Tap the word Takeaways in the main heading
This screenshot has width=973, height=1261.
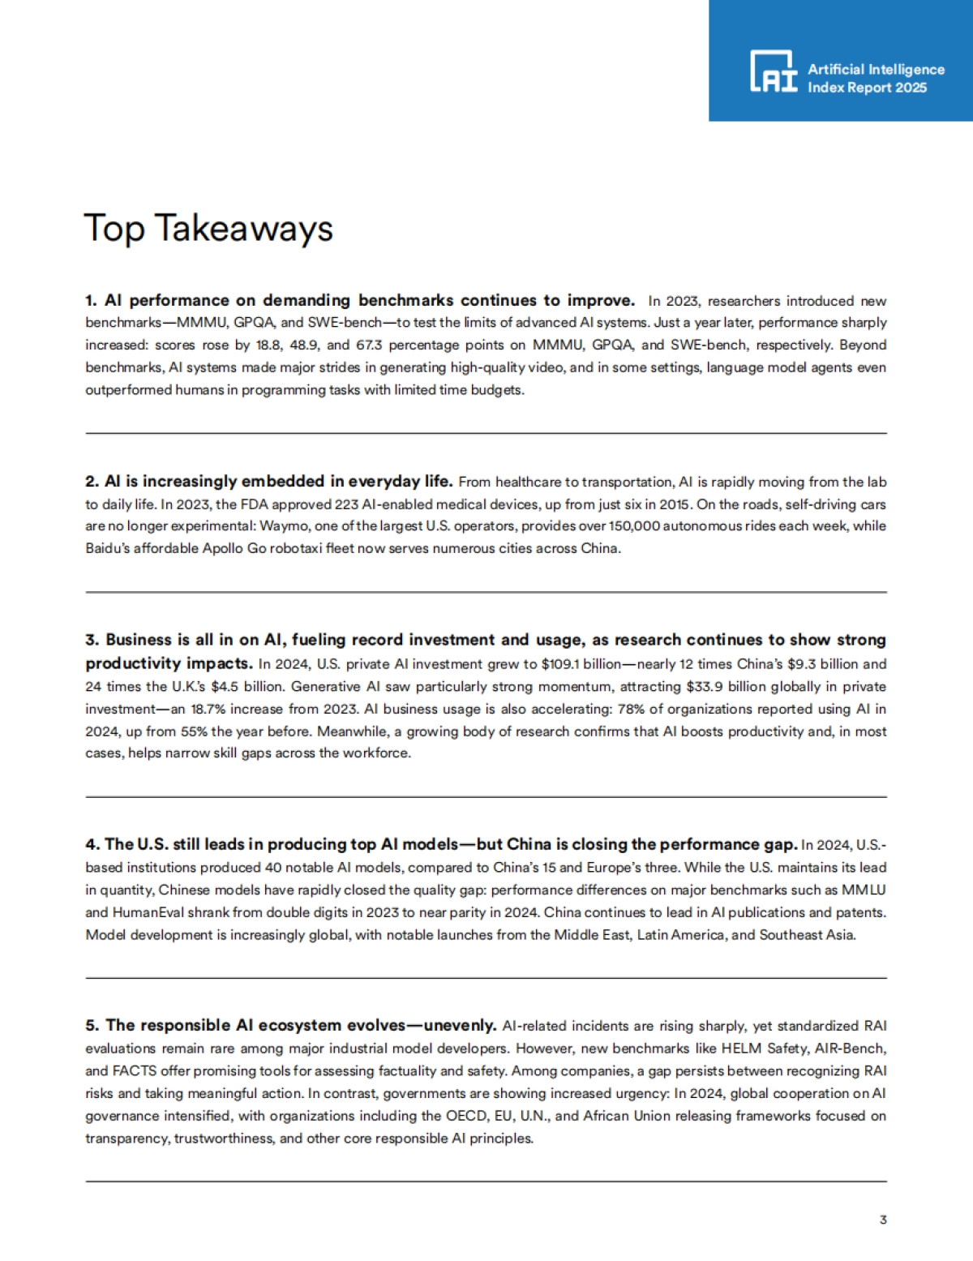[243, 229]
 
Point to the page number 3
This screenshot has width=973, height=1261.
[883, 1220]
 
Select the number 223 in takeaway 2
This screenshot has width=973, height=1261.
[346, 504]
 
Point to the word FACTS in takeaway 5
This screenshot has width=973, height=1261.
[135, 1071]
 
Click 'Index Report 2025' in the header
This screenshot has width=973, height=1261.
[866, 88]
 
